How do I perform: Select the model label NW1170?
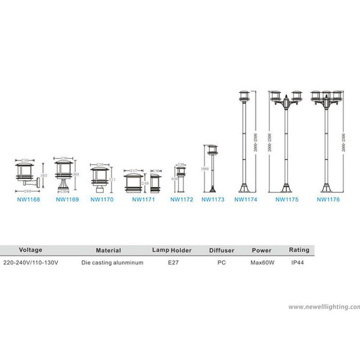102,199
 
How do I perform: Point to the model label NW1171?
143,199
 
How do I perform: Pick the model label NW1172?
182,199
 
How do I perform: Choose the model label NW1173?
213,199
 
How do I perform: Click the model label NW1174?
246,199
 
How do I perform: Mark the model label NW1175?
287,199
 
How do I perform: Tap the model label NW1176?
328,199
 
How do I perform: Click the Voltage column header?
31,250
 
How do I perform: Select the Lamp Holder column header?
172,250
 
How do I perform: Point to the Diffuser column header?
221,250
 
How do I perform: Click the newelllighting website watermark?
324,307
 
